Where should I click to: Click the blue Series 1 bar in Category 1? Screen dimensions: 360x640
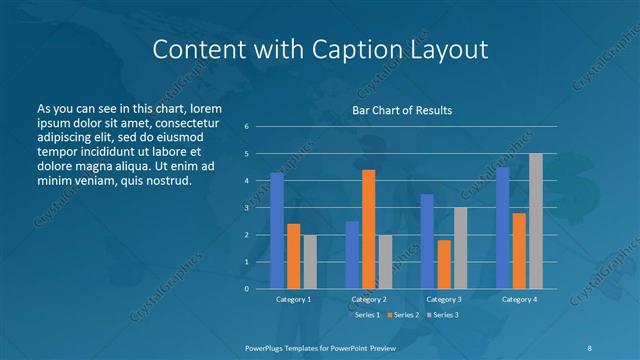(x=277, y=231)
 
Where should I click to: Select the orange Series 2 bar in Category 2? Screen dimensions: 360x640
(x=369, y=229)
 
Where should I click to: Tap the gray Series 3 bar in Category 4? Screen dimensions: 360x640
(x=536, y=221)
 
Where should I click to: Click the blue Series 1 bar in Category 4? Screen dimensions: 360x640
(x=503, y=228)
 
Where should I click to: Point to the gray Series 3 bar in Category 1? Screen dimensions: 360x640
(x=310, y=262)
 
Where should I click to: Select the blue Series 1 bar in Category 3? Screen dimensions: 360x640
(x=428, y=241)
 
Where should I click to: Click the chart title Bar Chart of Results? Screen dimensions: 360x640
(x=401, y=110)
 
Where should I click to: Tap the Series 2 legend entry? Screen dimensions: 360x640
(x=402, y=314)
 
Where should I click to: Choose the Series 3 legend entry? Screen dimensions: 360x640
(x=444, y=314)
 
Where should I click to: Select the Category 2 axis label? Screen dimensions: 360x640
(x=369, y=299)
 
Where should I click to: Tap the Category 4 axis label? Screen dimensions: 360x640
(x=519, y=299)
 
